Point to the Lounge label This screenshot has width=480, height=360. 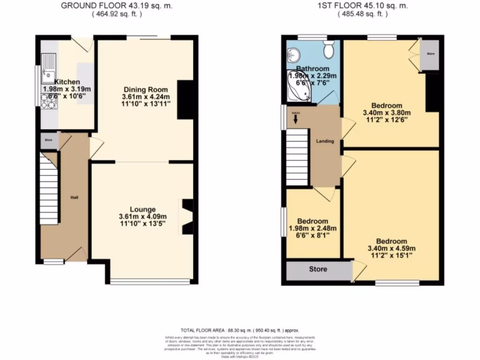[143, 209]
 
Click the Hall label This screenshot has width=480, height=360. [74, 197]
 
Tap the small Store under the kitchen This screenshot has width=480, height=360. [48, 140]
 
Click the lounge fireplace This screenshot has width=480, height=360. [187, 216]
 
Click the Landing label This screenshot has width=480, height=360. [325, 141]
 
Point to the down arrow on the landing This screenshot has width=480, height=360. [295, 120]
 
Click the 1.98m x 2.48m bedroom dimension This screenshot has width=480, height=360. [312, 229]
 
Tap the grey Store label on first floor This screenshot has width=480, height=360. [318, 270]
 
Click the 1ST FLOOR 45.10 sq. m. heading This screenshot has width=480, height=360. [364, 6]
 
